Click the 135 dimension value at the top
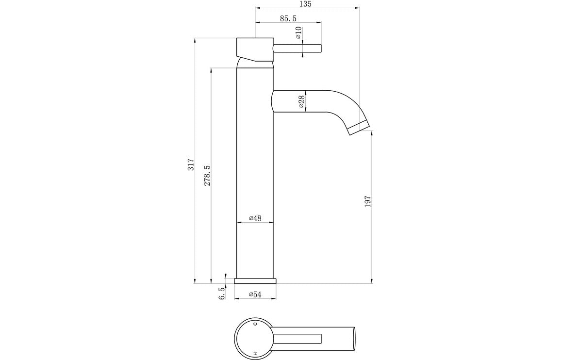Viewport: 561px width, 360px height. (305, 4)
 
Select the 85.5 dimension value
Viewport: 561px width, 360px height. (288, 18)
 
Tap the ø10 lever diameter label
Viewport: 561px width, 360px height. (298, 33)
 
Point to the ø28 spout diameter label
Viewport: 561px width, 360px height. (301, 101)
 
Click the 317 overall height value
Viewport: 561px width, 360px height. (191, 164)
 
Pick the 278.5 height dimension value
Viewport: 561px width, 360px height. (207, 176)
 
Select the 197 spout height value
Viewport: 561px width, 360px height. (367, 201)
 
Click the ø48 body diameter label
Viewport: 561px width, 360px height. (255, 218)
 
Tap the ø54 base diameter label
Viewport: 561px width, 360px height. (255, 295)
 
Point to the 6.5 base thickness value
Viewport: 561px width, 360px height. (222, 293)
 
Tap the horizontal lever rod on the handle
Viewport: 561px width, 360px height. (297, 48)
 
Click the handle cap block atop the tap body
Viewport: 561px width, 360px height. (254, 49)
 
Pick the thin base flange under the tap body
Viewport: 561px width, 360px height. (255, 281)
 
